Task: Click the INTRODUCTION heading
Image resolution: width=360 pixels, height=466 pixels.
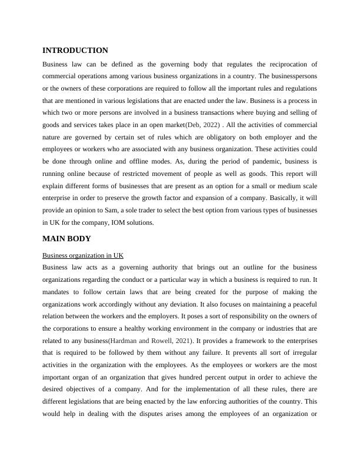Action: point(75,51)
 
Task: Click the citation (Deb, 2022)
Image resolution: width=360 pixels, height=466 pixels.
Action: point(204,125)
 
